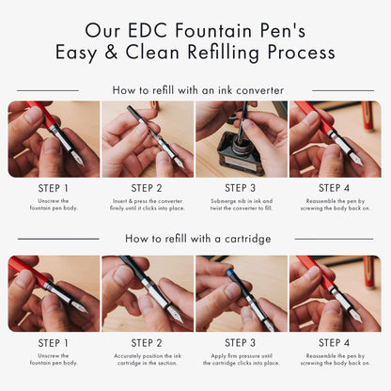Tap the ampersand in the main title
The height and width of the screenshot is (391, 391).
point(111,52)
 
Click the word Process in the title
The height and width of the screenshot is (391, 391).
point(302,52)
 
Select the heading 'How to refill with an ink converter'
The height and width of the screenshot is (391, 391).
point(198,90)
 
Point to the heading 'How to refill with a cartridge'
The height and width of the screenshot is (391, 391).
point(198,239)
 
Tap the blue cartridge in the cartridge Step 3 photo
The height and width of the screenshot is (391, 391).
point(232,276)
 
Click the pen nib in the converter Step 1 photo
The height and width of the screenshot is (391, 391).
point(77,158)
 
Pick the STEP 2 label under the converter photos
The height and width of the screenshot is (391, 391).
point(147,188)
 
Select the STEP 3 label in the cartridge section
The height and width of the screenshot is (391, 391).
point(241,343)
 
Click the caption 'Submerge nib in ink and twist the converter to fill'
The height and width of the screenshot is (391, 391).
point(242,205)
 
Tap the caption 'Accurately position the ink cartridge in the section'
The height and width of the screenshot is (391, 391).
point(148,359)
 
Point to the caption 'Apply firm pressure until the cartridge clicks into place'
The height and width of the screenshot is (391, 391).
point(242,359)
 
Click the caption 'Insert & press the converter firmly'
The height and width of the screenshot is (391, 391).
point(148,205)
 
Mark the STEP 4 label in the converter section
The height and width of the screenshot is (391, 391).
point(334,188)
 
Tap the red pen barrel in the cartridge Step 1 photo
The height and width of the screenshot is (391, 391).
point(27,272)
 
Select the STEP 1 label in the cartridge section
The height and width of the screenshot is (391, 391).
point(53,343)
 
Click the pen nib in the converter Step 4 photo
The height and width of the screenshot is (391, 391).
point(355,159)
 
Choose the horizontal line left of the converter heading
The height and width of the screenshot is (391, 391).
point(48,90)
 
